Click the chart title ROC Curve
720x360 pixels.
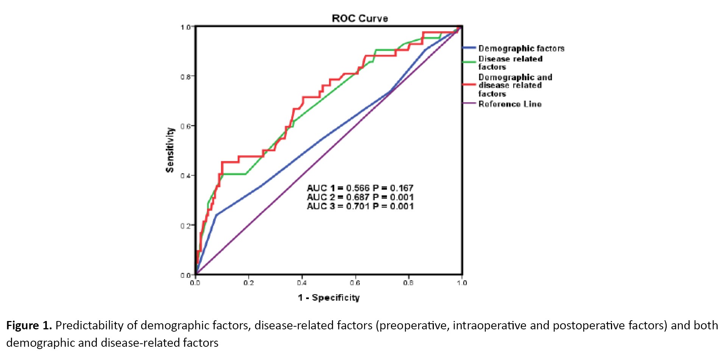(x=360, y=18)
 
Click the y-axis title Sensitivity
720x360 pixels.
(x=170, y=150)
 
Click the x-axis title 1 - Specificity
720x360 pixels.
(x=329, y=298)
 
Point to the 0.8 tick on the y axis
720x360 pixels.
(x=185, y=76)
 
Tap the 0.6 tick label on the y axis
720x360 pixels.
(x=185, y=126)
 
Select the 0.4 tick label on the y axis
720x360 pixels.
(x=185, y=176)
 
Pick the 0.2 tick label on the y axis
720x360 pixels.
(x=185, y=226)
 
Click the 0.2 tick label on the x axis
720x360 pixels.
(x=248, y=283)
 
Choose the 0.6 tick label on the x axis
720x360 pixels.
(x=355, y=283)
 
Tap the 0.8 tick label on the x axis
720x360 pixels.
(x=408, y=283)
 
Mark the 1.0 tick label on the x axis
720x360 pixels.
(x=462, y=283)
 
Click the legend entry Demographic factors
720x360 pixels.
(x=521, y=48)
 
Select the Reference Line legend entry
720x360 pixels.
(x=510, y=104)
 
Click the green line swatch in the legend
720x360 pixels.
(x=469, y=62)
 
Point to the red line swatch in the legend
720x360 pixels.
(x=469, y=84)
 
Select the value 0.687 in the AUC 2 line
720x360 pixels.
(x=357, y=197)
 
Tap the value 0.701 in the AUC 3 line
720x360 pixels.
(x=357, y=206)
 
